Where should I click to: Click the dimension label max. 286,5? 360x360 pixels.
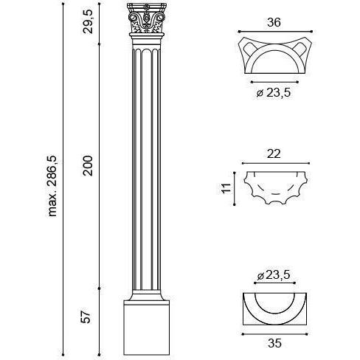(x=52, y=186)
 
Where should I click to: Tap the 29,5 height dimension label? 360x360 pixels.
(x=88, y=21)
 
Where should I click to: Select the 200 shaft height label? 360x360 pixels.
(x=88, y=165)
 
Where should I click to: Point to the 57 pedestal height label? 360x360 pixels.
(x=86, y=316)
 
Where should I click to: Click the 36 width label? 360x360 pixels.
(x=274, y=22)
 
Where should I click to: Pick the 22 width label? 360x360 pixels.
(x=274, y=154)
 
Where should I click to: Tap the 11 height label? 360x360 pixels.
(x=226, y=188)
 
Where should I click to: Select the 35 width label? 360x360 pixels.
(x=274, y=343)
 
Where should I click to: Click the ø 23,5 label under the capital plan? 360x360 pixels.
(x=274, y=93)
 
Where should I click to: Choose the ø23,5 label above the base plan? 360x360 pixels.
(x=274, y=275)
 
